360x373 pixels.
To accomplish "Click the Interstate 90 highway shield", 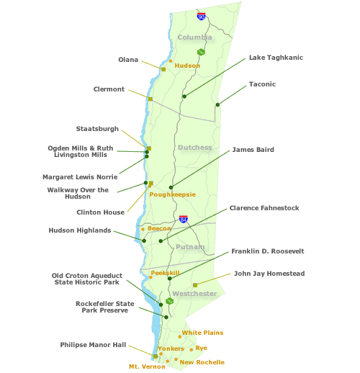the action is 201,17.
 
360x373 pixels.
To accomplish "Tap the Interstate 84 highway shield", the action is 184,219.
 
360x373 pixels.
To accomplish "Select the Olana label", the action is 128,60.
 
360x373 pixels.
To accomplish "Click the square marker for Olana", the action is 163,69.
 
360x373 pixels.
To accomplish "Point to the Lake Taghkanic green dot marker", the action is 184,96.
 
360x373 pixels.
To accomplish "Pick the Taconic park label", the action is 262,84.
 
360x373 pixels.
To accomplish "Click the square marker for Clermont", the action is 150,99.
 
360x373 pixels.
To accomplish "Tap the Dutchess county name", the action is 195,148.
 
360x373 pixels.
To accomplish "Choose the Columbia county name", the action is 194,37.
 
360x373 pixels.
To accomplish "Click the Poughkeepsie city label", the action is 173,194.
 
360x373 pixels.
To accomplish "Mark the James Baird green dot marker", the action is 171,187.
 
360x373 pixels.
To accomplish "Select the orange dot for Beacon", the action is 143,229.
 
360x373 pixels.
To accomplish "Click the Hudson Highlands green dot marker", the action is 144,241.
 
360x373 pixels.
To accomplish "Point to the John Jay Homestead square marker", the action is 195,285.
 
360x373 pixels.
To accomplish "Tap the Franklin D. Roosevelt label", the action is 268,251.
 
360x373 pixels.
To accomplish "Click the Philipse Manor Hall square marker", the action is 156,356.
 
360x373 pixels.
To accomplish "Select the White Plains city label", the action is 202,333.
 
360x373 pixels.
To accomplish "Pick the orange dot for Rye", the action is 192,350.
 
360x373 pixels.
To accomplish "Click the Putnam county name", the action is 190,247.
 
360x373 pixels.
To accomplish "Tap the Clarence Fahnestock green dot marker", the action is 161,241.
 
